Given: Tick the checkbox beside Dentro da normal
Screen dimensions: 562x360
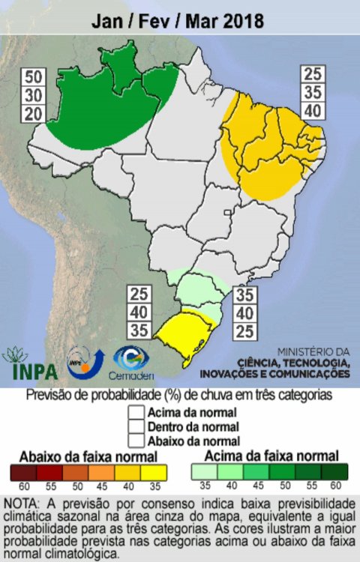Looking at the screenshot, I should tap(135, 426).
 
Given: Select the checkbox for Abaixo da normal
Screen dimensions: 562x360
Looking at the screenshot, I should tap(135, 440).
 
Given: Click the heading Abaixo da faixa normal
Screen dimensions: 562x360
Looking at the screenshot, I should tap(88, 456).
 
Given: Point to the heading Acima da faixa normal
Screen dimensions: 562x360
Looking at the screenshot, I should tap(270, 456).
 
